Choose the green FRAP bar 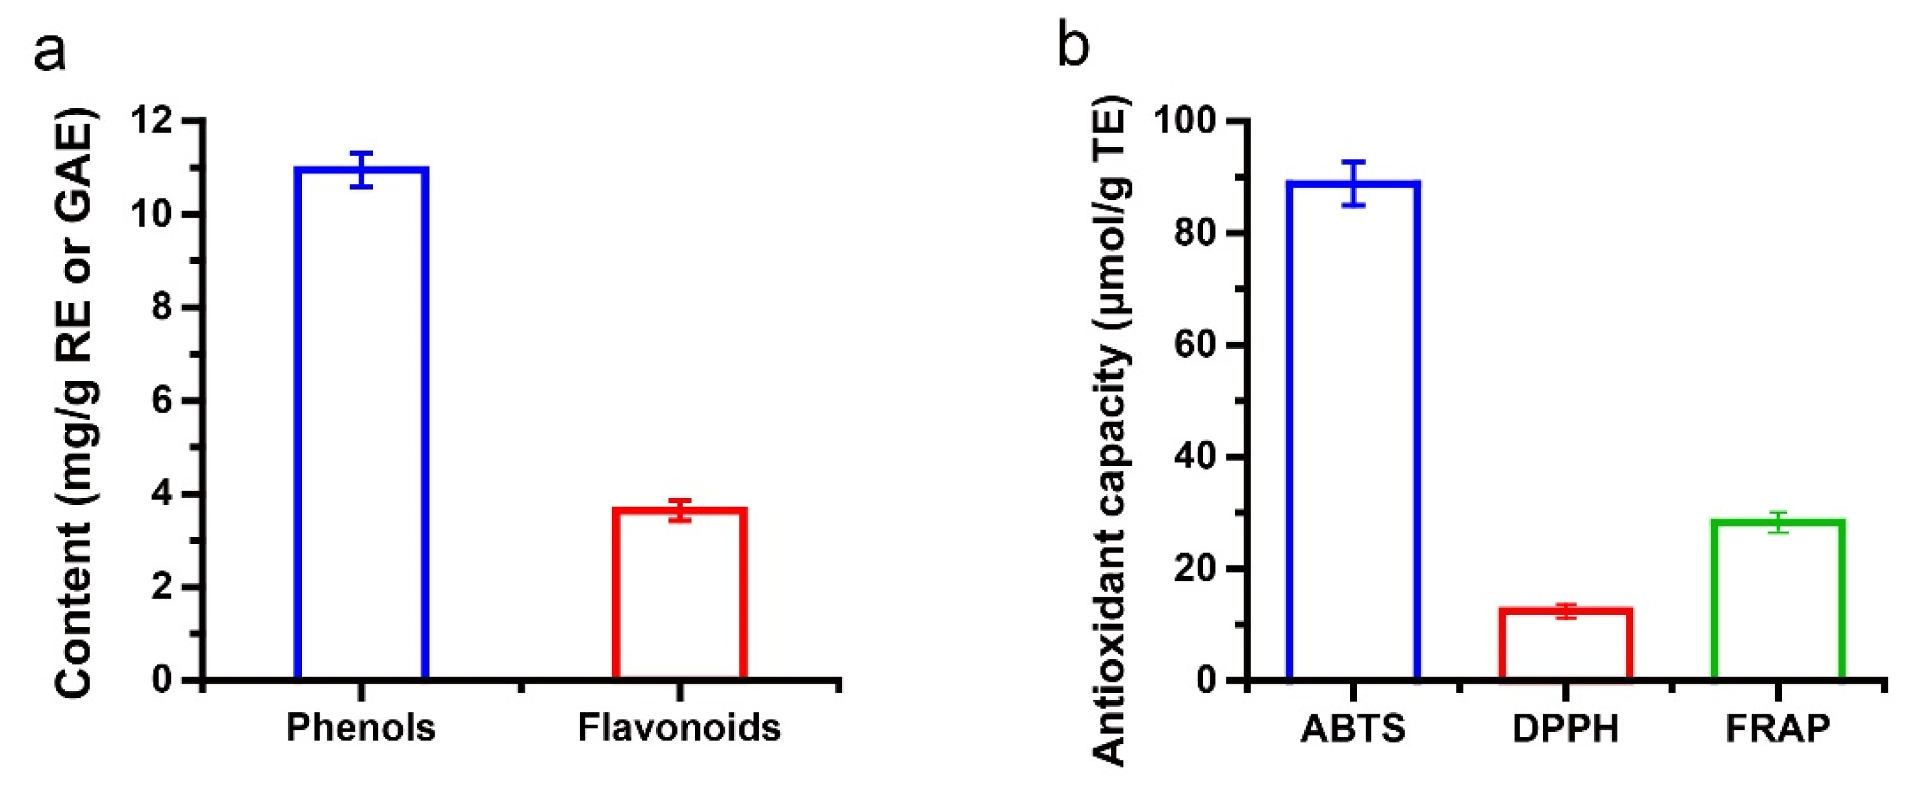[1777, 600]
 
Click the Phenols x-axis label [361, 728]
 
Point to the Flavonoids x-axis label [680, 728]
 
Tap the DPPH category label [1566, 729]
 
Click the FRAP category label [1777, 729]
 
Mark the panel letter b [1073, 46]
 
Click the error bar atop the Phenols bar [361, 169]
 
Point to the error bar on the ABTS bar [1354, 183]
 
